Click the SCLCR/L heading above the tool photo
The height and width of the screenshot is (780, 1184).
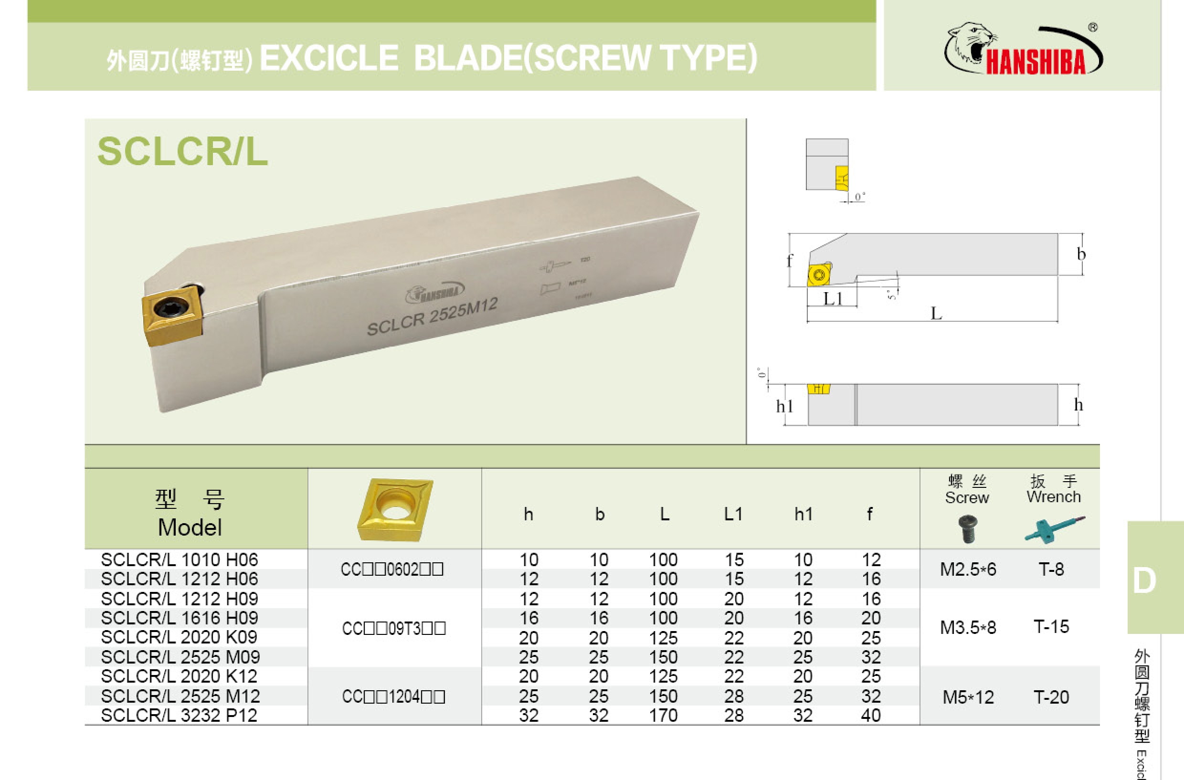(x=182, y=151)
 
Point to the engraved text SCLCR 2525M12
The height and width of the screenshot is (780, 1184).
(x=432, y=317)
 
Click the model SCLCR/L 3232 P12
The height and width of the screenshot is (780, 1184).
(x=179, y=716)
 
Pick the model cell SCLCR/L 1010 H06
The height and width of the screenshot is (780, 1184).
(x=180, y=560)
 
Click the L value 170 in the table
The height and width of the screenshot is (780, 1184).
(x=663, y=716)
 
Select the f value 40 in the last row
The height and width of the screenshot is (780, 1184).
(x=871, y=716)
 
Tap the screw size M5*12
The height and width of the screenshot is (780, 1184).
(x=968, y=697)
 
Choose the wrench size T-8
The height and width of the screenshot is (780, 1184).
(x=1051, y=569)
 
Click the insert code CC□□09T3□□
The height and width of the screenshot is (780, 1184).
(x=393, y=628)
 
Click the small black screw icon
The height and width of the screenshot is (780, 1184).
(x=968, y=529)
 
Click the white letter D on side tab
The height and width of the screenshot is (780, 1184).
(x=1144, y=581)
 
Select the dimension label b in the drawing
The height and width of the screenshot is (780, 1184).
(x=1081, y=254)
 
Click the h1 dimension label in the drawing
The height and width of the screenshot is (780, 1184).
(x=784, y=406)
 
